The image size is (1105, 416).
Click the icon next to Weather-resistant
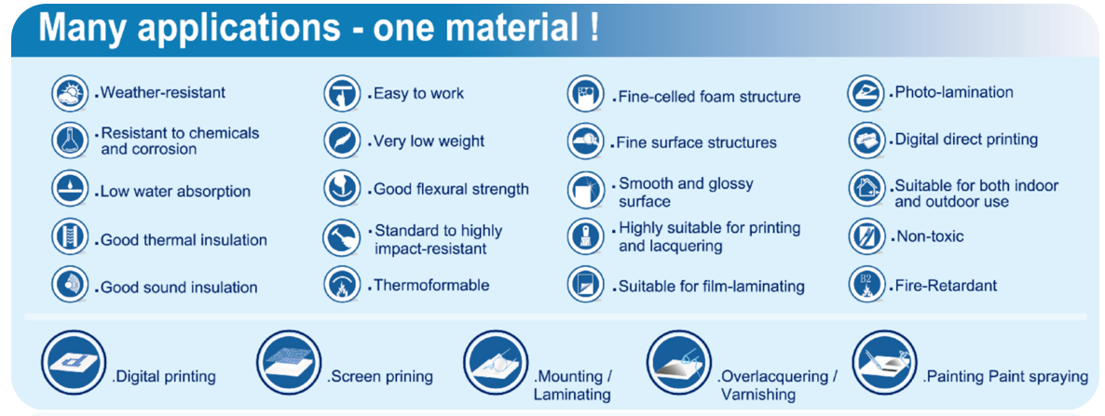click(x=69, y=94)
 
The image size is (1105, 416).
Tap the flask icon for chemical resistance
click(x=69, y=141)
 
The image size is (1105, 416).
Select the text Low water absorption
click(x=175, y=192)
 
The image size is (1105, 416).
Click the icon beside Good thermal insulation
click(x=69, y=237)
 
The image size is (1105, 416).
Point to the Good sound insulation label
click(x=179, y=288)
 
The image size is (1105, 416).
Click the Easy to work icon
click(x=342, y=94)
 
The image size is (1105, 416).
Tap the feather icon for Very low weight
click(x=342, y=141)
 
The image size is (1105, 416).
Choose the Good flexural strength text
click(x=451, y=189)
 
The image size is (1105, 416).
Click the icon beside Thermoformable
click(x=342, y=284)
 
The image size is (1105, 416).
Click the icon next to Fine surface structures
click(x=586, y=141)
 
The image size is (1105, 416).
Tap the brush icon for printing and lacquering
click(x=586, y=237)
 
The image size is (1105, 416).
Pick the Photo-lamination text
click(x=954, y=92)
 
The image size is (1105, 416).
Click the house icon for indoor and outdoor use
click(x=866, y=188)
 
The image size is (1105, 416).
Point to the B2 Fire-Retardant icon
click(x=866, y=284)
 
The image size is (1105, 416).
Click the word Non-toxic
click(x=930, y=235)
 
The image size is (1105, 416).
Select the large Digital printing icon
click(x=74, y=363)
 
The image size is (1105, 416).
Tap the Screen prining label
click(x=381, y=377)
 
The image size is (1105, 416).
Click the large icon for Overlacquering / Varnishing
click(x=679, y=363)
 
